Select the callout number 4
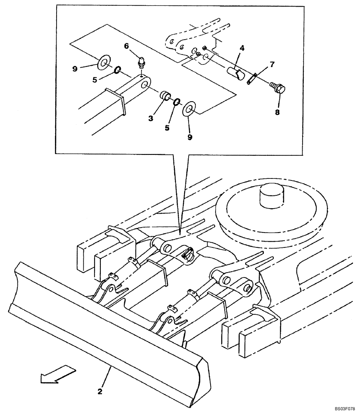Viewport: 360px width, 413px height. pyautogui.click(x=242, y=49)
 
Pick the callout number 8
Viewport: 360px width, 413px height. pyautogui.click(x=277, y=112)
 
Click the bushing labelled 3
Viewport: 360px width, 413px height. pyautogui.click(x=166, y=96)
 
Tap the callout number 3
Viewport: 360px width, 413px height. pyautogui.click(x=151, y=118)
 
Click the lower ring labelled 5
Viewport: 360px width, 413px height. pyautogui.click(x=176, y=102)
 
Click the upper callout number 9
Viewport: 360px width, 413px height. pyautogui.click(x=75, y=69)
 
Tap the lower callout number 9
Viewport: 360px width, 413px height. pyautogui.click(x=189, y=137)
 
